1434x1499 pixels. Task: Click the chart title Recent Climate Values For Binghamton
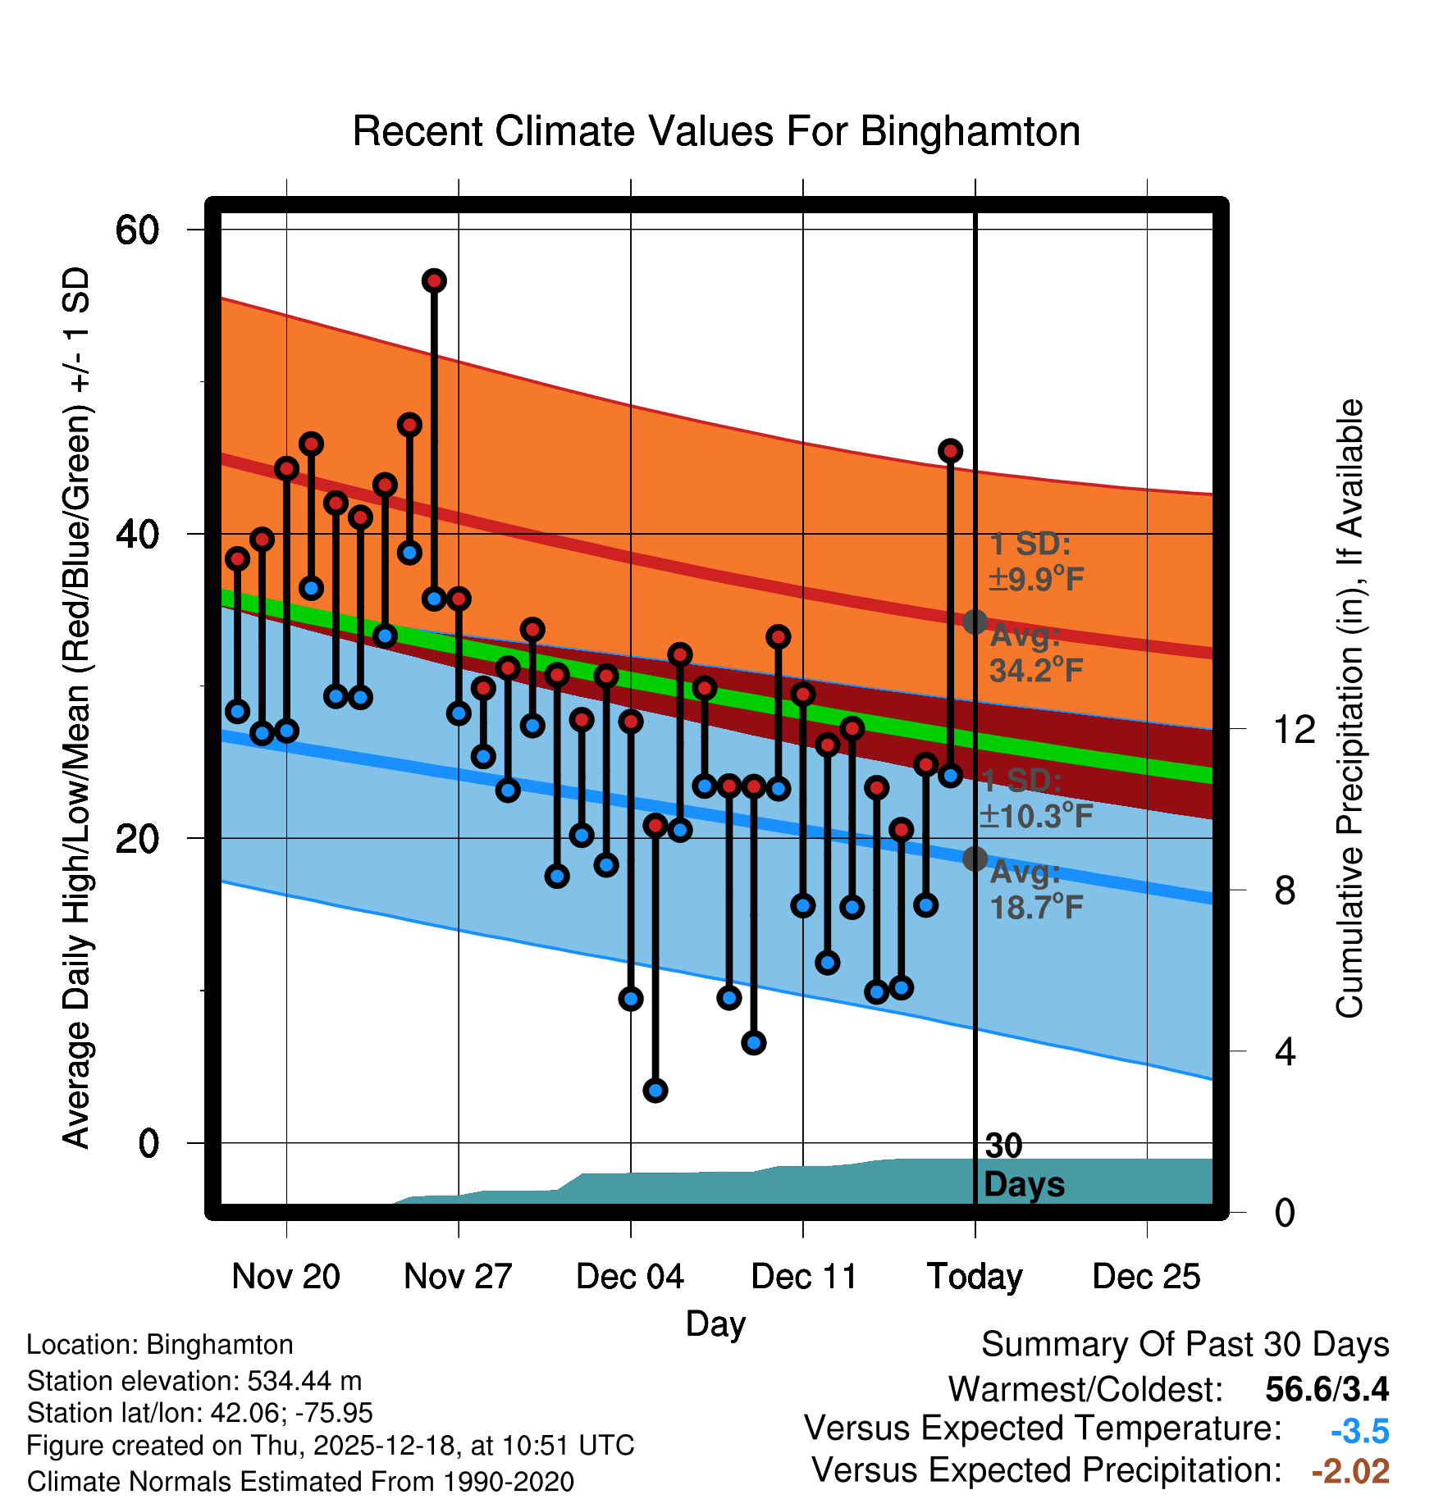716,131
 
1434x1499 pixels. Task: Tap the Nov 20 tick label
285,1276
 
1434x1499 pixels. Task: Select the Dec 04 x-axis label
630,1276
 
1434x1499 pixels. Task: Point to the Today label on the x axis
975,1277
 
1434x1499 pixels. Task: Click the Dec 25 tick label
1146,1276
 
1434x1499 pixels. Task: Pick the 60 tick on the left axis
137,230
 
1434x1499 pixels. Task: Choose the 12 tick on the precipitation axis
1295,729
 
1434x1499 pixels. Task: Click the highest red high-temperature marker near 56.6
434,281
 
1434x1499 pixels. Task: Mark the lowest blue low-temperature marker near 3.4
655,1090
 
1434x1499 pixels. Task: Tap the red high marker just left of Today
951,451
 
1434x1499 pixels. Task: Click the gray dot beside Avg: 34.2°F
975,622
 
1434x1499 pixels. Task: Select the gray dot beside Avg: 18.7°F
975,859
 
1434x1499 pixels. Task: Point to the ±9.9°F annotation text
1037,579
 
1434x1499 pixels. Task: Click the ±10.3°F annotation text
1037,816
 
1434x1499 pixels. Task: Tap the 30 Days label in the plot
1023,1165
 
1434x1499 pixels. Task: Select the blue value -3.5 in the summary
1359,1431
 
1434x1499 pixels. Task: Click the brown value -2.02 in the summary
1350,1471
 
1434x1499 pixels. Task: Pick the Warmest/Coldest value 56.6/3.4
1327,1389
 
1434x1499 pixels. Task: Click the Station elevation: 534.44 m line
194,1381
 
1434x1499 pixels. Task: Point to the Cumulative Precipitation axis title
1350,708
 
